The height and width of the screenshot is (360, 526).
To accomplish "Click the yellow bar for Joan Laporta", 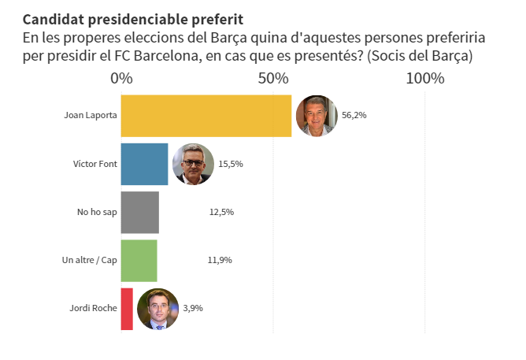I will pyautogui.click(x=206, y=116).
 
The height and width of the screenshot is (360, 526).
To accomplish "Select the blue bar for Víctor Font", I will pyautogui.click(x=144, y=164).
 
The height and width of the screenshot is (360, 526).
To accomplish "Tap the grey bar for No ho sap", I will pyautogui.click(x=139, y=212).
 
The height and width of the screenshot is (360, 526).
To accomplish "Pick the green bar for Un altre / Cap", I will pyautogui.click(x=139, y=260).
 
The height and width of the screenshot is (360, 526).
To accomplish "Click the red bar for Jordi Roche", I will pyautogui.click(x=127, y=309).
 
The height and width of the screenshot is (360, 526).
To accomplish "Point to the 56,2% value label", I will pyautogui.click(x=354, y=115).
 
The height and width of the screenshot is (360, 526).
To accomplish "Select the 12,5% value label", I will pyautogui.click(x=221, y=212).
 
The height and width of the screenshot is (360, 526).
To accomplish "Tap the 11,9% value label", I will pyautogui.click(x=220, y=260).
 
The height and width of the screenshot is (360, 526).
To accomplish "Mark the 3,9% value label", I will pyautogui.click(x=193, y=309).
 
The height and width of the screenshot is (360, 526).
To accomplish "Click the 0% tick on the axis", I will pyautogui.click(x=121, y=78).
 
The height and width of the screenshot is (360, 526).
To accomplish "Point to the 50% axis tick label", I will pyautogui.click(x=272, y=78).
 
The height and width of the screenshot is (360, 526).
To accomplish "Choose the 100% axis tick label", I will pyautogui.click(x=425, y=78).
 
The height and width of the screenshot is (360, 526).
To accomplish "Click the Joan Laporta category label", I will pyautogui.click(x=91, y=116).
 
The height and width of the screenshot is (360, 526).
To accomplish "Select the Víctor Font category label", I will pyautogui.click(x=94, y=164).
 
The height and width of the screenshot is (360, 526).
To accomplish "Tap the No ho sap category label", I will pyautogui.click(x=97, y=212).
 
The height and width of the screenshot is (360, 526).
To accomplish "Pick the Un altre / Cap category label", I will pyautogui.click(x=90, y=260).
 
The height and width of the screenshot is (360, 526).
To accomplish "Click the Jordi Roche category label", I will pyautogui.click(x=93, y=309).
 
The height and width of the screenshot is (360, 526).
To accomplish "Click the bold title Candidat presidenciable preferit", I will pyautogui.click(x=133, y=18).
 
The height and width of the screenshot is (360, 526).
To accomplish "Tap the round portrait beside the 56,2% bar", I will pyautogui.click(x=316, y=116).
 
